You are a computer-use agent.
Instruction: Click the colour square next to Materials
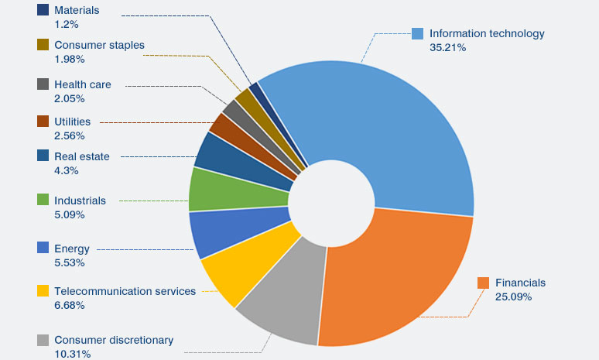[x=43, y=11]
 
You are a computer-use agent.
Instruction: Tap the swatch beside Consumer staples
[x=43, y=45]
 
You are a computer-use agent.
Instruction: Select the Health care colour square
[x=43, y=84]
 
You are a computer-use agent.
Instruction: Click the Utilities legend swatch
[x=43, y=122]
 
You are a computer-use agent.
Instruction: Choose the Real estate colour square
[x=43, y=156]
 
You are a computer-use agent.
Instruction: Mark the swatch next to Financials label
[x=484, y=283]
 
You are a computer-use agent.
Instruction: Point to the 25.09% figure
[x=513, y=297]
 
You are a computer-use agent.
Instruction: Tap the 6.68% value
[x=70, y=305]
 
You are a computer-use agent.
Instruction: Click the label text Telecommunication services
[x=125, y=291]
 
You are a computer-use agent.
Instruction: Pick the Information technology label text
[x=487, y=33]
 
